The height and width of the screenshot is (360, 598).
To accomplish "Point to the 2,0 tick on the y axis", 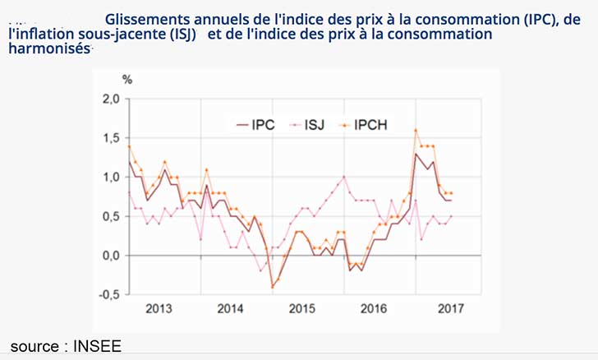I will click(x=109, y=99).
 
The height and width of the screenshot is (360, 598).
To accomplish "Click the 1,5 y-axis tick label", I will click(x=109, y=138).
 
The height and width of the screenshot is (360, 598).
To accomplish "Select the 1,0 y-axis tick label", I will click(x=109, y=178).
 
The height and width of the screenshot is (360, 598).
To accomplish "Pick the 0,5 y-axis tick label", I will click(x=109, y=216).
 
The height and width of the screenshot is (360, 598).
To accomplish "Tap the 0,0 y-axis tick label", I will click(x=109, y=256).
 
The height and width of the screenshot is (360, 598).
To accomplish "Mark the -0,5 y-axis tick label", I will click(x=108, y=294).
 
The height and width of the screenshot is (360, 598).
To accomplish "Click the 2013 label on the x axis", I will click(x=159, y=310).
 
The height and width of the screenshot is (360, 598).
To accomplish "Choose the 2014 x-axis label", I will click(x=231, y=310).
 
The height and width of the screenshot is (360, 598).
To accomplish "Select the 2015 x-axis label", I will click(x=302, y=310).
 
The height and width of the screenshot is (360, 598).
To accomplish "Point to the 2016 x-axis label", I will click(x=375, y=310).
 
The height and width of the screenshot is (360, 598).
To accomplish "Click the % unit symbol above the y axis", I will click(x=127, y=80).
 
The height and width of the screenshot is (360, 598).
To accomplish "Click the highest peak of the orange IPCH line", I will click(x=416, y=130).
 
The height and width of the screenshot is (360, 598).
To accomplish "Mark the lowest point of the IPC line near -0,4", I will click(x=272, y=287).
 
